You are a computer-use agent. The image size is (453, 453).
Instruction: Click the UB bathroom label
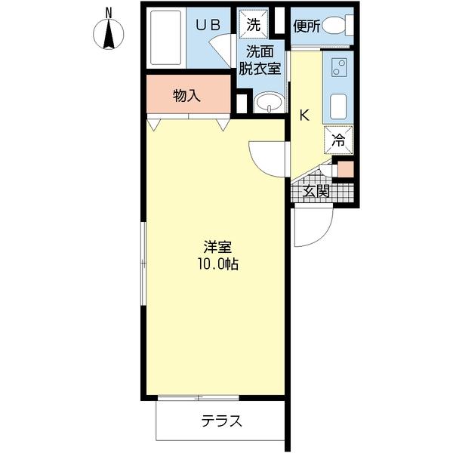point(208,24)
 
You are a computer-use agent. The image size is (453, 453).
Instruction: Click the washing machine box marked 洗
point(254,23)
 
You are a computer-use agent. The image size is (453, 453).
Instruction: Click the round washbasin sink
point(267,103)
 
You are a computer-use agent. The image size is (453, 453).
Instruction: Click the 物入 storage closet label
point(186,95)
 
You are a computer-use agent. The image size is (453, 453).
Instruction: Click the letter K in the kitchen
point(304,116)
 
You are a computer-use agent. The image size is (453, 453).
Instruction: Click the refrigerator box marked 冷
point(338,139)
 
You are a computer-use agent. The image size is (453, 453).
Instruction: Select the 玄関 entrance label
point(316,191)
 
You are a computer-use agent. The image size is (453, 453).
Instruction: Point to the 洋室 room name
point(217,248)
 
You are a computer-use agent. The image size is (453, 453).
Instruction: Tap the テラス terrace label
point(221,421)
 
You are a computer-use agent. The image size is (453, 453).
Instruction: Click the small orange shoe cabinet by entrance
point(345,168)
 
